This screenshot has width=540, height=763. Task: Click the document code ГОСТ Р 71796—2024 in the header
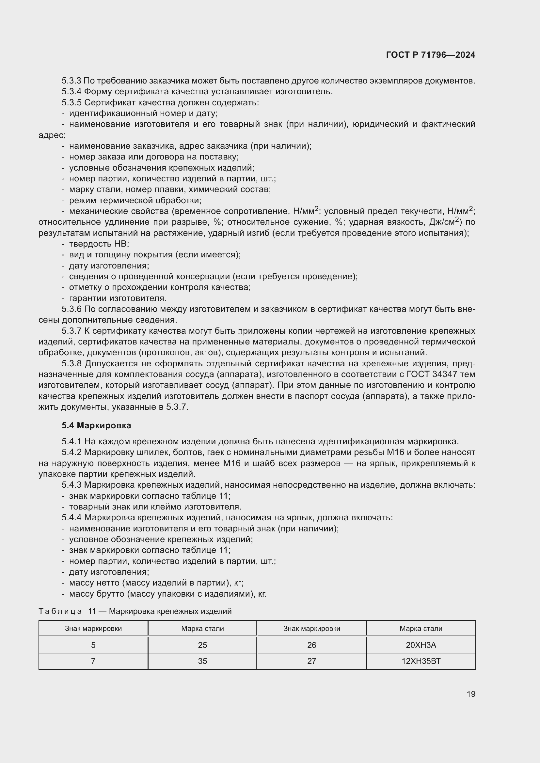click(430, 55)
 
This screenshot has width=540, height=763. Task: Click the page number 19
click(471, 694)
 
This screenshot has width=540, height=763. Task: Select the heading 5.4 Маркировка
click(96, 425)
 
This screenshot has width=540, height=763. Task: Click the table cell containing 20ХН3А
click(421, 645)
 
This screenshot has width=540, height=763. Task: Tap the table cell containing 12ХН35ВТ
click(421, 661)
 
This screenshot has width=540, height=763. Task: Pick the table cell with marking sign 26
click(311, 645)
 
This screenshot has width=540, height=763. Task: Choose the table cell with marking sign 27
click(311, 661)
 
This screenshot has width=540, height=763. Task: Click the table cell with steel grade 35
click(202, 661)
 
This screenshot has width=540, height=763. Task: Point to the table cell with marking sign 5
click(93, 645)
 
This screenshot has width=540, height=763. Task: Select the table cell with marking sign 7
click(93, 661)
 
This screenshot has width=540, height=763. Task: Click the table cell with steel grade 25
click(202, 645)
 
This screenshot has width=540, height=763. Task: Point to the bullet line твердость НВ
click(99, 244)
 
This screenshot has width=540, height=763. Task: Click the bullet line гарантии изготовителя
click(118, 298)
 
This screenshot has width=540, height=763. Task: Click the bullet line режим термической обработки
click(135, 200)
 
